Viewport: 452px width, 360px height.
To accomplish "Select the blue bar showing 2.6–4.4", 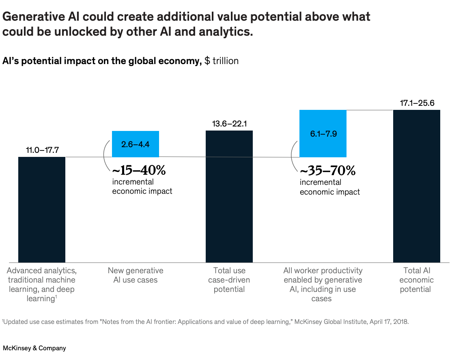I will (135, 144).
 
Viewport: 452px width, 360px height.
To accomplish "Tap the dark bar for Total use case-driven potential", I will (229, 196).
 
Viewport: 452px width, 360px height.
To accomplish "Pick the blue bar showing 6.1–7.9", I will (323, 133).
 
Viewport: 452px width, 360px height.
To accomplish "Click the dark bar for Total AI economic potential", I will (417, 186).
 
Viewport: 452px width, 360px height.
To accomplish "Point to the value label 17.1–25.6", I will (417, 103).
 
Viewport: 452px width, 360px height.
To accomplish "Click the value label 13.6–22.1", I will (229, 124).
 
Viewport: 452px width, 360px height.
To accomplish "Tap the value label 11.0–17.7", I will (42, 150).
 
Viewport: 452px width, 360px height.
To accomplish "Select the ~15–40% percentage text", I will (139, 170).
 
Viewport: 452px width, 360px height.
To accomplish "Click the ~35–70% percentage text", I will (328, 171).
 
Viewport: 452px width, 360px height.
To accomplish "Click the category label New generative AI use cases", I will (136, 275).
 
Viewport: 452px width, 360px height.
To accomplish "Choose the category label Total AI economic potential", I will (417, 280).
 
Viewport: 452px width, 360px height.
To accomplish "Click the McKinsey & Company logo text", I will (34, 348).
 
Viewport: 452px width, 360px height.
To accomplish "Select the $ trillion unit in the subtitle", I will (222, 61).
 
